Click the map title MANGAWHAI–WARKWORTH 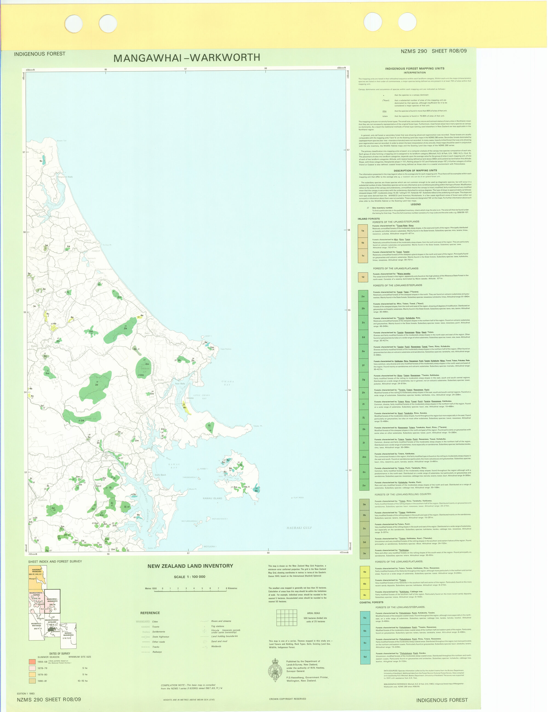(x=187, y=58)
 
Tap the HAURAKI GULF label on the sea (x=299, y=527)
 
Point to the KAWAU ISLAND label (x=212, y=498)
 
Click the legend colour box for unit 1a (x=363, y=230)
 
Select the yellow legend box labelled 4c (x=364, y=595)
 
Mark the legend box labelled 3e (x=364, y=553)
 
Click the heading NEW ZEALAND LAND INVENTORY (x=190, y=566)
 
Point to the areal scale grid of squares (x=287, y=617)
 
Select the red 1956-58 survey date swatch (x=32, y=662)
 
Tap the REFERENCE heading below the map (x=150, y=613)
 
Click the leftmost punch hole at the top (x=73, y=24)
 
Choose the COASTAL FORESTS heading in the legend (x=371, y=602)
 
